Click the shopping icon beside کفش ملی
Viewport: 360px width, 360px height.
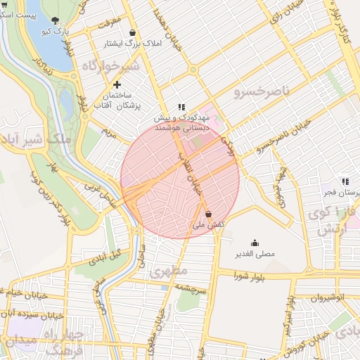tap(208, 214)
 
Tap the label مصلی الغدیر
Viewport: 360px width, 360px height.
tap(254, 253)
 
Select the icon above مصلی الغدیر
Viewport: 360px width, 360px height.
tap(254, 243)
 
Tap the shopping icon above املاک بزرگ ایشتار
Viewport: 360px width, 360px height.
tap(133, 32)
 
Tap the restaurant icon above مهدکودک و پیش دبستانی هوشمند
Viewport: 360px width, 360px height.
tap(181, 107)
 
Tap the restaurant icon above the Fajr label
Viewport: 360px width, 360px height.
tap(345, 181)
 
